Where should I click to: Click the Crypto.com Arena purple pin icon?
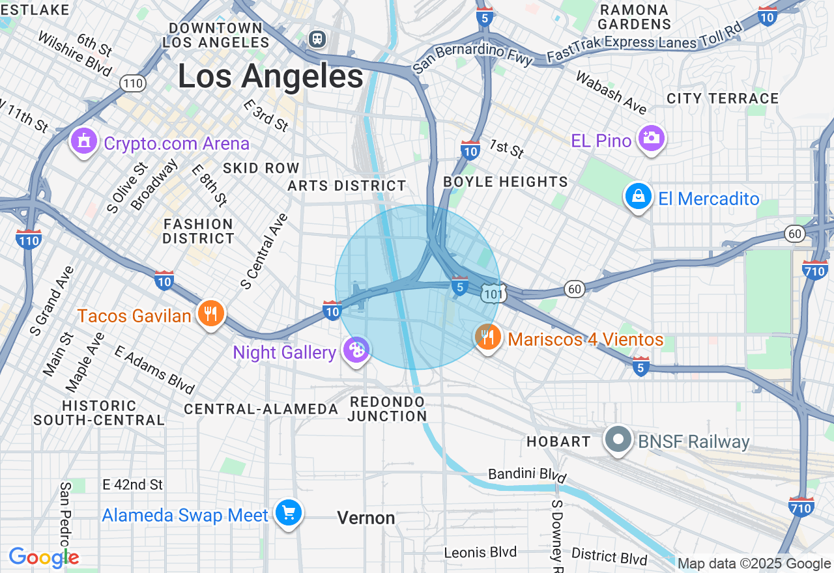83,142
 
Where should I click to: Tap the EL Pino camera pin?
651,138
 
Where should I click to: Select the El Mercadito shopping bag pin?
638,196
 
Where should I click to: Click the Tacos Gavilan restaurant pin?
210,314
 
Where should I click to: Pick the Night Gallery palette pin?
356,350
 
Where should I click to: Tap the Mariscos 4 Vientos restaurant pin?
487,337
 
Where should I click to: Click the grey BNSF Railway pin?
618,440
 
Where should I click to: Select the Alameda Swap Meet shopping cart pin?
288,513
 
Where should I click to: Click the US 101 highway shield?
492,294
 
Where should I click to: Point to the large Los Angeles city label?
270,77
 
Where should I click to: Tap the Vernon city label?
366,518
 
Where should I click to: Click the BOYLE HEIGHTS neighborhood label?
506,182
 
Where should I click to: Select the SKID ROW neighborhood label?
261,168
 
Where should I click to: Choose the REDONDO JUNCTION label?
387,409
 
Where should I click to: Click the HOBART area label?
558,441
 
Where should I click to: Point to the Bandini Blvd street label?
527,474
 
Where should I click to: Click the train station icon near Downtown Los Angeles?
318,38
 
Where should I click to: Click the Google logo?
44,558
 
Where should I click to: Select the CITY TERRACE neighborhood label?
723,98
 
